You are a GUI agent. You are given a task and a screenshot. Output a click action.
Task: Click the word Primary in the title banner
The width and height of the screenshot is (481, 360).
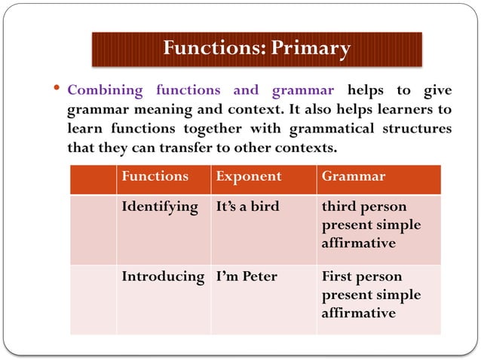pos(311,49)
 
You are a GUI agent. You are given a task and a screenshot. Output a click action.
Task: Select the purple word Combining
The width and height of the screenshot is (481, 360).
pos(105,90)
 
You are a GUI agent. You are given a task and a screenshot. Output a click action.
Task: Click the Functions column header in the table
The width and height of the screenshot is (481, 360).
pos(155,177)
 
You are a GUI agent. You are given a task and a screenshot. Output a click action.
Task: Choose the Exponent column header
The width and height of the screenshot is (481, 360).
pos(248,177)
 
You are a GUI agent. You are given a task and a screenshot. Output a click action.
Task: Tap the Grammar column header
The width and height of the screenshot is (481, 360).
pos(353,177)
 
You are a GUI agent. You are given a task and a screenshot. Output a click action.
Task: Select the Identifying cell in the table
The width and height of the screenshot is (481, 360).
pos(160,207)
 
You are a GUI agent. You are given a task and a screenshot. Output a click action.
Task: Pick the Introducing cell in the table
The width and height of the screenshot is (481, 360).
pos(163,276)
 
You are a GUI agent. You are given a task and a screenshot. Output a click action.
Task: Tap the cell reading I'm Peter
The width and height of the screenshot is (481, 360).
pos(246,276)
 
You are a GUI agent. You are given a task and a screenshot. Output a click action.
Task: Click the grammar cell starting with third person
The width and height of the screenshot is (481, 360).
pos(371,225)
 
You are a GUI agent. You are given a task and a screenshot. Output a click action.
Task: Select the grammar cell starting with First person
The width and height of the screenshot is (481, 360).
pos(371,294)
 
